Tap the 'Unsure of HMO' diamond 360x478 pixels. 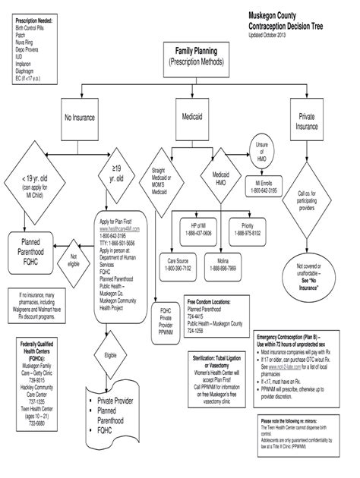(x=263, y=154)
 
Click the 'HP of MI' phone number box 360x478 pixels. (x=196, y=229)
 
